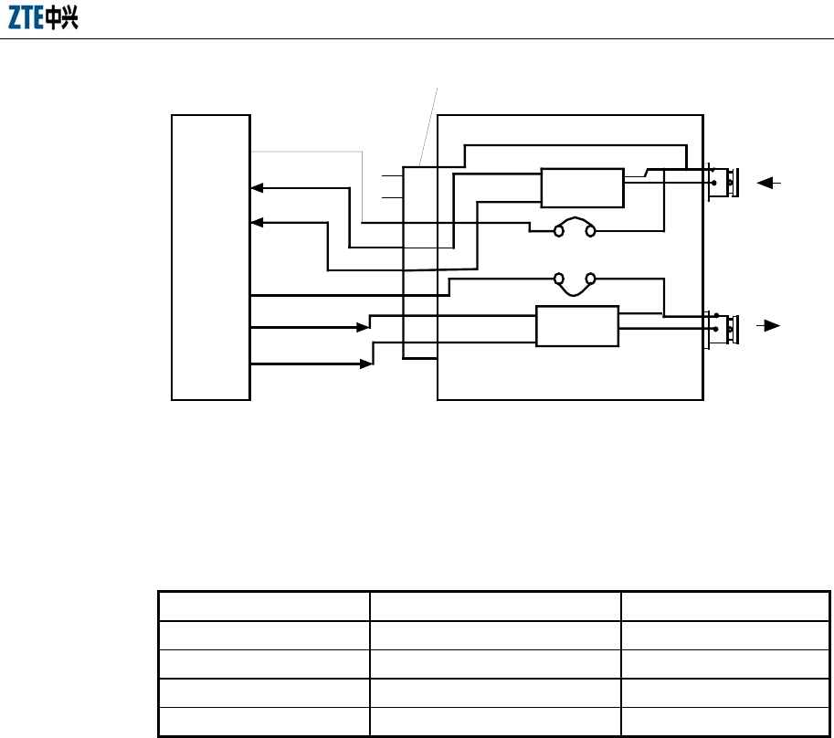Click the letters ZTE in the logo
[26, 19]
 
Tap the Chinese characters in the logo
[62, 19]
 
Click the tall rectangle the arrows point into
[211, 257]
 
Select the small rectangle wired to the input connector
[582, 187]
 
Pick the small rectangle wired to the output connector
[576, 326]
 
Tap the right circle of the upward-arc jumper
[591, 231]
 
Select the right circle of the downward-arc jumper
[591, 278]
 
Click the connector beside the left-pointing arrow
[728, 183]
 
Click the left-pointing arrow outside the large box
[768, 183]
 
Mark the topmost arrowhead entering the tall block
[258, 187]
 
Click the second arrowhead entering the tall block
[258, 222]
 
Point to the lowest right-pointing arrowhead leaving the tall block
[366, 364]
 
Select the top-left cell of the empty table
[264, 606]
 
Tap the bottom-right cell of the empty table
[725, 721]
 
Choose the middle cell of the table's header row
[495, 606]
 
